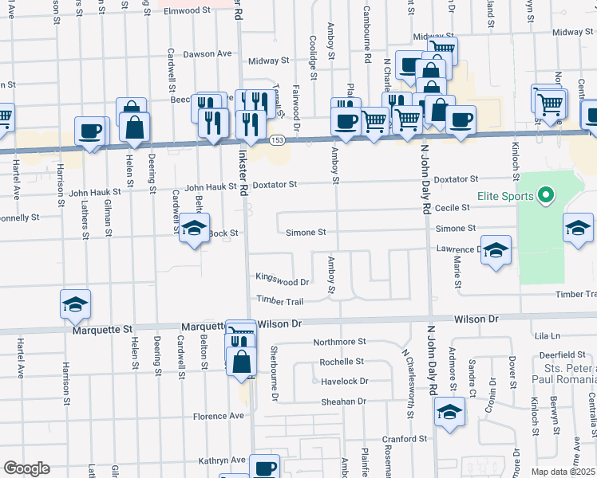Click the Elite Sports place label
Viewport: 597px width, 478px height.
pos(506,195)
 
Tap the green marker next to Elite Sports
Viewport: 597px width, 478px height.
pos(546,194)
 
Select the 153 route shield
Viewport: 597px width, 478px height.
pos(276,140)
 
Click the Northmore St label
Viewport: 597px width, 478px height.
pos(339,341)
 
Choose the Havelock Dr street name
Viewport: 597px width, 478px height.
pos(344,382)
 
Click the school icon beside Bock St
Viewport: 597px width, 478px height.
pos(194,229)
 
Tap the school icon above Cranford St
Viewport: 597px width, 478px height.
pos(449,412)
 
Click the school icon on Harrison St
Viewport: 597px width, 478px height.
pos(75,304)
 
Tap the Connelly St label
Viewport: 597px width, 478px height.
pos(19,217)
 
